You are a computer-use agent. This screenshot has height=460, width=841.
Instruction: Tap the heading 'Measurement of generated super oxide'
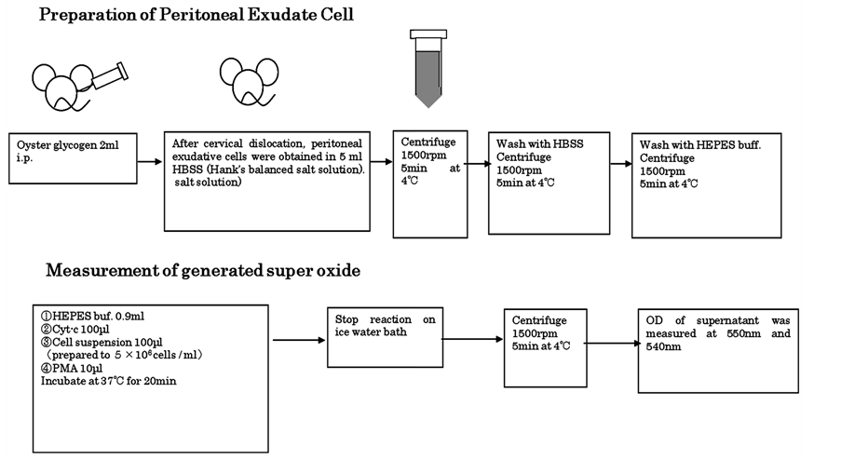tap(203, 271)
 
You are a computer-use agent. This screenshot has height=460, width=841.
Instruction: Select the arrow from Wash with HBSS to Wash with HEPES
tap(621, 163)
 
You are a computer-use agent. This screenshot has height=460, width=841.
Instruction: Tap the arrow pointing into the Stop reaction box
tap(298, 340)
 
